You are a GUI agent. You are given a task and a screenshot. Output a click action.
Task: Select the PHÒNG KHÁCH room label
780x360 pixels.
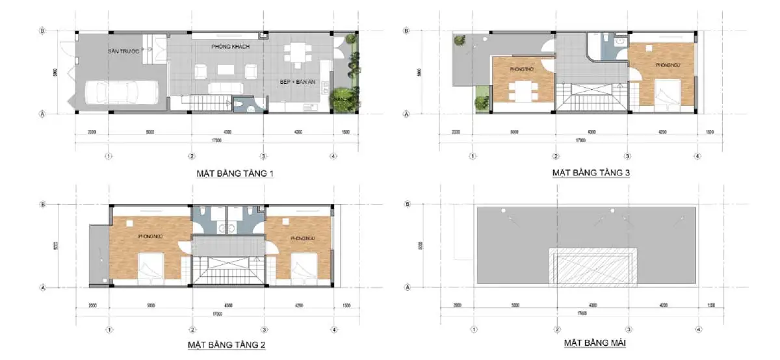(x=231, y=47)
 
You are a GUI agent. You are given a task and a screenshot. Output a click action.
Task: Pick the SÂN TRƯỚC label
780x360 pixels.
(x=124, y=51)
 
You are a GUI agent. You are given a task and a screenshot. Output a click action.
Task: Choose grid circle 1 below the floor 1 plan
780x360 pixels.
(x=108, y=156)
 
